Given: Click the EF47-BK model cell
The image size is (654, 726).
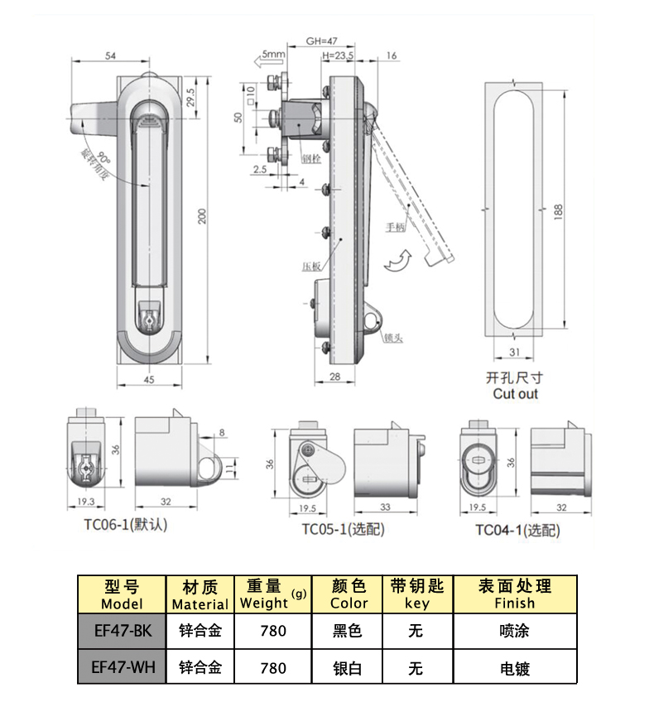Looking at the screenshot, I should click(x=122, y=631).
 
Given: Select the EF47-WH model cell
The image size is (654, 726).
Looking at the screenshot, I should click(x=122, y=667).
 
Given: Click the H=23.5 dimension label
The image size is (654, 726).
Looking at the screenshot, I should click(x=337, y=55).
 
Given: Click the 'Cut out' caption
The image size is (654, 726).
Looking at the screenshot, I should click(x=515, y=394).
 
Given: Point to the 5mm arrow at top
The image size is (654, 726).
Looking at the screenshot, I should click(x=264, y=56).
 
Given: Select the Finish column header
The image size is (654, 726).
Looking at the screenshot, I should click(x=514, y=594).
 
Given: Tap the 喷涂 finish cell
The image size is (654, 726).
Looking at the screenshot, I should click(x=514, y=631).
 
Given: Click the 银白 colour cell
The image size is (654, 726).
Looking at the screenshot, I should click(x=348, y=667).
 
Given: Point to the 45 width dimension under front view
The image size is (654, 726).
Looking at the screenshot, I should click(x=150, y=379).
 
